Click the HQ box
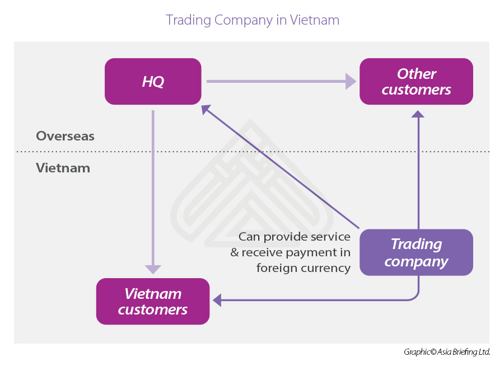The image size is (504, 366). (x=153, y=81)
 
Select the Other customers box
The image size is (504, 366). (x=416, y=81)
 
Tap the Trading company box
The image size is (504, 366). (x=416, y=252)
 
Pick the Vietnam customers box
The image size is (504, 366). (x=153, y=301)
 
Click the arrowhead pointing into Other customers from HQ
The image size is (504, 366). (x=351, y=81)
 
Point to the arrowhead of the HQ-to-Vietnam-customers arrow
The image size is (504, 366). (x=153, y=268)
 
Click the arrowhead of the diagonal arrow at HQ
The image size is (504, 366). (x=206, y=109)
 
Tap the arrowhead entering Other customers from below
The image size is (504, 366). (x=417, y=114)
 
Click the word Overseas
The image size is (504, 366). (x=65, y=136)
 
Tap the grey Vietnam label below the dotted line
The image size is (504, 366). (x=63, y=167)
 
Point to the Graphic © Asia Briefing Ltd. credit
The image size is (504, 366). (x=447, y=352)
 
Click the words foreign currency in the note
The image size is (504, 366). (x=303, y=268)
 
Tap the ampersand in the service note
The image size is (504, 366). (x=235, y=252)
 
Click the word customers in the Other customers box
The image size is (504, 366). (x=416, y=90)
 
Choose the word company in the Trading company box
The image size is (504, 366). (x=416, y=261)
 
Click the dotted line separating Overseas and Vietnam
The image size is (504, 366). (x=252, y=151)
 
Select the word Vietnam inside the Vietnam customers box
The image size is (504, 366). (x=153, y=293)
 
